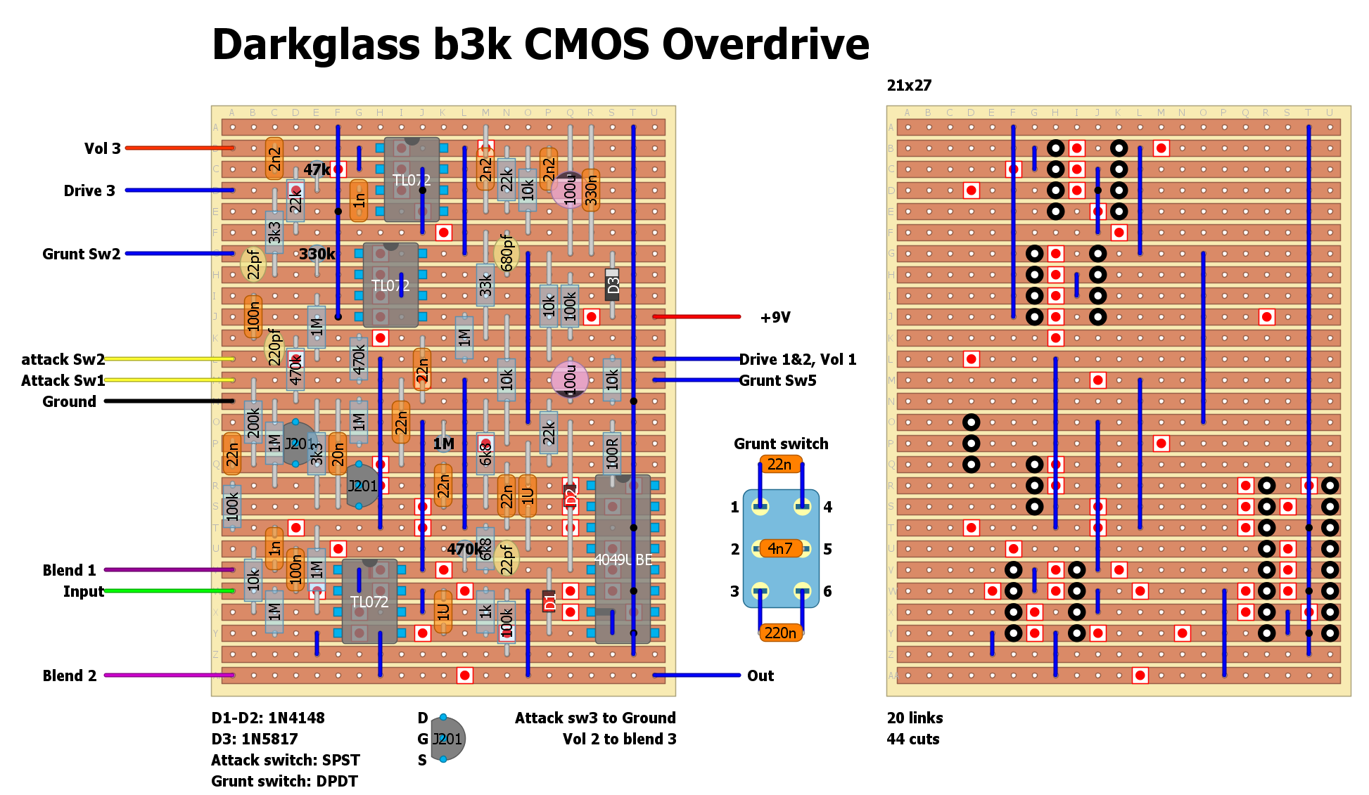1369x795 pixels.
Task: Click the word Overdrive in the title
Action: [765, 44]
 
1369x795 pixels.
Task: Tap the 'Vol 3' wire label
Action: [102, 148]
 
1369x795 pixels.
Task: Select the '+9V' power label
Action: [775, 318]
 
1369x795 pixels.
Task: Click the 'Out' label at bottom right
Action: [760, 676]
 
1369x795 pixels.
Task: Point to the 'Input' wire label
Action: [83, 592]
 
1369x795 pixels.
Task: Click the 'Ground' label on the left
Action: [69, 402]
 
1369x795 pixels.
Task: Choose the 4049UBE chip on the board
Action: [623, 560]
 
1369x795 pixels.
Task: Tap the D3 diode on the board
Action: [612, 285]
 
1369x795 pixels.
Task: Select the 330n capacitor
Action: [591, 190]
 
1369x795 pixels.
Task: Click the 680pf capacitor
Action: [507, 253]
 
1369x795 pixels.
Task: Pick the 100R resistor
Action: [612, 453]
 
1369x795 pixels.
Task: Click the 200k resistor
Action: [253, 422]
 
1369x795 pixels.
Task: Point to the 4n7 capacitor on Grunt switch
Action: [780, 549]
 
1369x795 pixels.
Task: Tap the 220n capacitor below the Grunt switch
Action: [780, 633]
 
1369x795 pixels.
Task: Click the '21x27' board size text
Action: [909, 86]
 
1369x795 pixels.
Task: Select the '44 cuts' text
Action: [912, 739]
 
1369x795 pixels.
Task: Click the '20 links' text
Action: [915, 718]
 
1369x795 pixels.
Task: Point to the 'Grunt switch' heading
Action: [781, 444]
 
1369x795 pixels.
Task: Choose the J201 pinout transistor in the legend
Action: [447, 739]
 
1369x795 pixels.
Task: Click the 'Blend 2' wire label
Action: [69, 676]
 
